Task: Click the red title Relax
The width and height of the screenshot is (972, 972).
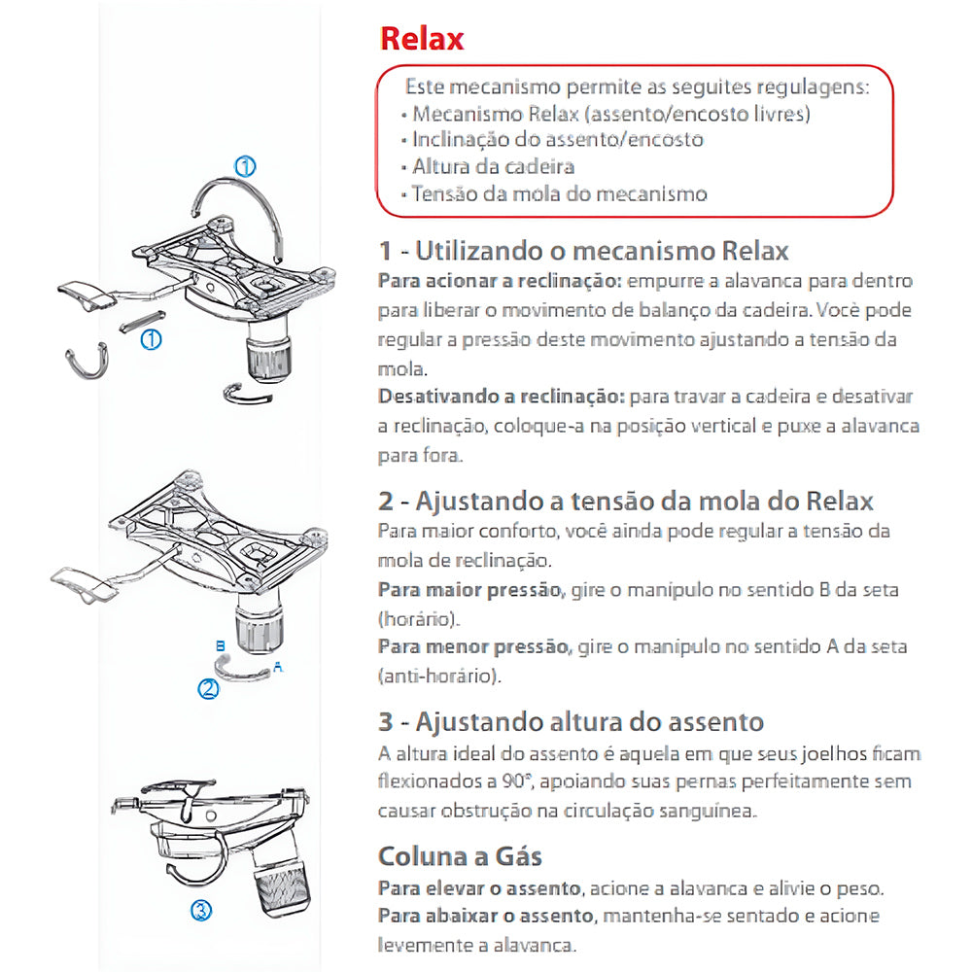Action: tap(421, 39)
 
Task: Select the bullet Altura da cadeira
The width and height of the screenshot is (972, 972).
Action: tap(493, 166)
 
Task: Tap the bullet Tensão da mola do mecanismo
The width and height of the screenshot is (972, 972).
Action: tap(559, 193)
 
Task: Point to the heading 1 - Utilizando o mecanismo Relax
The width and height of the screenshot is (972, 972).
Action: tap(583, 251)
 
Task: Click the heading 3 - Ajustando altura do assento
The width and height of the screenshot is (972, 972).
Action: tap(571, 722)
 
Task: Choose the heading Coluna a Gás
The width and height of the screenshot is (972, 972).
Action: tap(460, 856)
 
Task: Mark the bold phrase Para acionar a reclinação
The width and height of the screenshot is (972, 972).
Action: tap(499, 282)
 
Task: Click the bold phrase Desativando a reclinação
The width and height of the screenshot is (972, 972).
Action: tap(502, 398)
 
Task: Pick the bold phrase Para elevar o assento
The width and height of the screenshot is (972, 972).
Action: tap(479, 888)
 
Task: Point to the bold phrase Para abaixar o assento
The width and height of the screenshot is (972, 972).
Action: tap(484, 916)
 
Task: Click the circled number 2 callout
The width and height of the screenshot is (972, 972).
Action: tap(208, 689)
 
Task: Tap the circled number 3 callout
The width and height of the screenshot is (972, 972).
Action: tap(199, 911)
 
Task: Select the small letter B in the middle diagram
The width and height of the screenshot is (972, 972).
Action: tap(221, 644)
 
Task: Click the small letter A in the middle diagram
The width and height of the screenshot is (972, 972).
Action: tap(279, 669)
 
